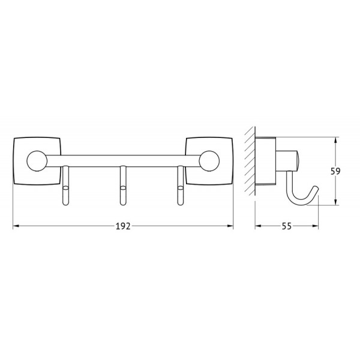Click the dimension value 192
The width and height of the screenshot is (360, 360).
pyautogui.click(x=124, y=226)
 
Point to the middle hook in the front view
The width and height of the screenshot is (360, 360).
pyautogui.click(x=122, y=189)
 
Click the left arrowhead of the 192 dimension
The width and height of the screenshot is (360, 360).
pyautogui.click(x=16, y=226)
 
